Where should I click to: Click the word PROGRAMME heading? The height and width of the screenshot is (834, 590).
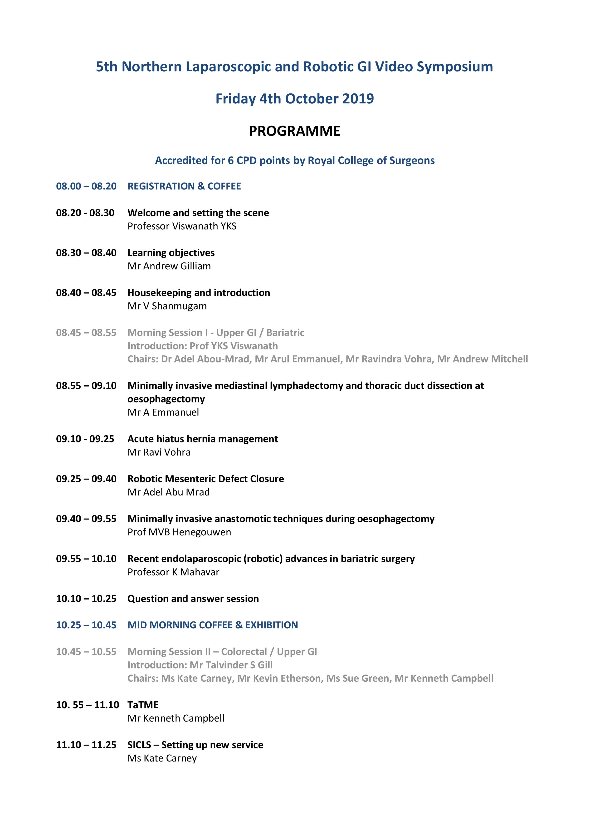tap(294, 131)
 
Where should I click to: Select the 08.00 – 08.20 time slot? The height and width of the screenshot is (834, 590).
tap(86, 186)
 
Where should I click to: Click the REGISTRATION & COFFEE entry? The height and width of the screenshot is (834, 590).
tap(184, 186)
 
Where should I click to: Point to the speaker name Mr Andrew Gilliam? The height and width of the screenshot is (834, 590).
tap(169, 266)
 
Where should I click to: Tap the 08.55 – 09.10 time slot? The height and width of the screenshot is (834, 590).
tap(86, 386)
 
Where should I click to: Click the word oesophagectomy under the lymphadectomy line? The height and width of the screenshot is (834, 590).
tap(166, 399)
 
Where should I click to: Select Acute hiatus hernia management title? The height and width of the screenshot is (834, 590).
tap(202, 439)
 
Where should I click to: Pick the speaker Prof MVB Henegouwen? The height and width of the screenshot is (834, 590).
tap(179, 533)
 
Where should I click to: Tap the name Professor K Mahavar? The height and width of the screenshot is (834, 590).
tap(173, 572)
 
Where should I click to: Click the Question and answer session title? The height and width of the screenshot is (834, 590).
tap(193, 599)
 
